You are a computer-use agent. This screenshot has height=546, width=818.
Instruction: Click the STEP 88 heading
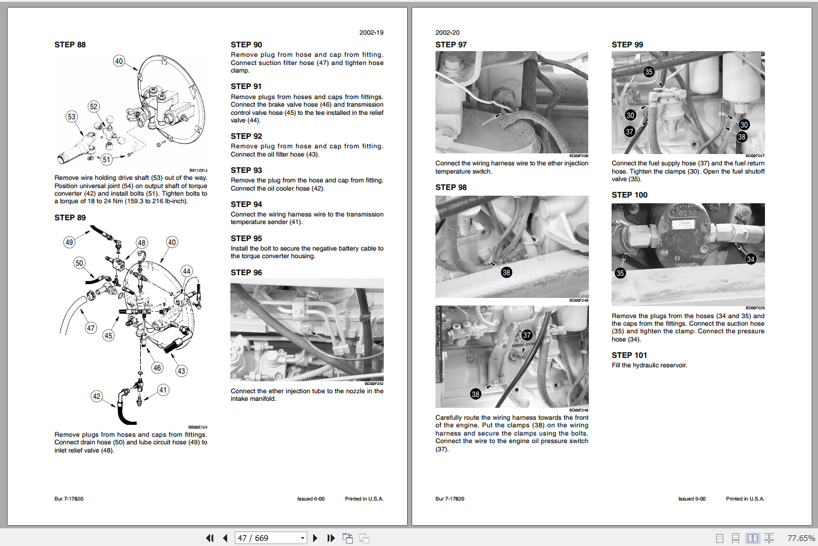point(70,45)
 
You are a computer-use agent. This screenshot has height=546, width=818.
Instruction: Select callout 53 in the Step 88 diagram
point(72,116)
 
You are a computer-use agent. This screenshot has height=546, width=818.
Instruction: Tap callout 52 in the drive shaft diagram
point(94,107)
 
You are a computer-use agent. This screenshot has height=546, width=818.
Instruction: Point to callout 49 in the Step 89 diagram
point(69,242)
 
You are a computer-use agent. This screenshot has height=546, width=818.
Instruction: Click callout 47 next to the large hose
point(91,328)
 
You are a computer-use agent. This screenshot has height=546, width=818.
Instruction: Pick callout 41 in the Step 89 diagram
point(163,390)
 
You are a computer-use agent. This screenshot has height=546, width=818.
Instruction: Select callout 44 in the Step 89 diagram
point(186,271)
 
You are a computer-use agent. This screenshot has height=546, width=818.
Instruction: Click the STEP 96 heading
point(246,273)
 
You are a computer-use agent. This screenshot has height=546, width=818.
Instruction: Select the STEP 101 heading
point(629,355)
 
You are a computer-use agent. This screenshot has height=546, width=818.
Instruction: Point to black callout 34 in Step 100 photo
point(750,259)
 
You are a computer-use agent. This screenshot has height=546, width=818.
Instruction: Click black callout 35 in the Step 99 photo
point(649,72)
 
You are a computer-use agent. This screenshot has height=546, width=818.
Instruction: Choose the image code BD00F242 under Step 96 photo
point(374,383)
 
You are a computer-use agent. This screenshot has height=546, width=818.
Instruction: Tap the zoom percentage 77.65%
point(801,538)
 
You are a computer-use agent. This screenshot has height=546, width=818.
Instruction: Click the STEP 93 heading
point(246,170)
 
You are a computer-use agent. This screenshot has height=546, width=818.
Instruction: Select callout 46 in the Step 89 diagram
point(157,367)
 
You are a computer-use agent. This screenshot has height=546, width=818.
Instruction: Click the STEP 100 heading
point(629,195)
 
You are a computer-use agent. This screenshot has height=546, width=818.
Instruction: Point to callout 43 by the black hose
point(181,371)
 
